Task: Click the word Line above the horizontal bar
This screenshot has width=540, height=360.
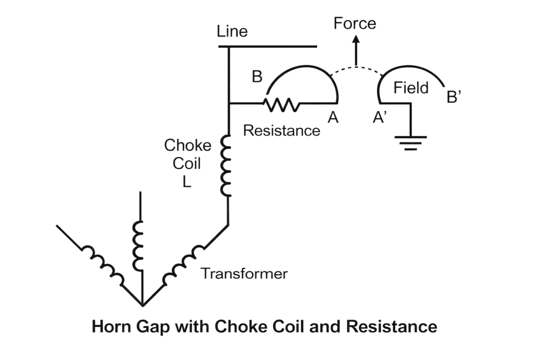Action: [x=232, y=32]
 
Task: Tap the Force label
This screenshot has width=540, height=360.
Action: [x=355, y=23]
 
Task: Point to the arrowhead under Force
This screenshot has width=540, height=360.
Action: [x=356, y=40]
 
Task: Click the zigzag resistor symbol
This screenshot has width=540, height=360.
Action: [x=282, y=104]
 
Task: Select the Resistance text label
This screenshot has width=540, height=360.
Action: [x=282, y=130]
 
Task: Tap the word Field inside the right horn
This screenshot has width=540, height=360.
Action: [x=411, y=88]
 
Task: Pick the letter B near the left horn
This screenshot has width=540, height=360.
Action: [x=257, y=77]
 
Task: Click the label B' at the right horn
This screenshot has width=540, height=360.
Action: [x=454, y=98]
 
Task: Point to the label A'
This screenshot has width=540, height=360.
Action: [x=380, y=118]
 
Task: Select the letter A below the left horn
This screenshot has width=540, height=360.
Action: [x=332, y=118]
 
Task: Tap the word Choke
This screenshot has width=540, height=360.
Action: [x=188, y=145]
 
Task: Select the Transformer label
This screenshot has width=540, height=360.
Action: [x=244, y=274]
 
